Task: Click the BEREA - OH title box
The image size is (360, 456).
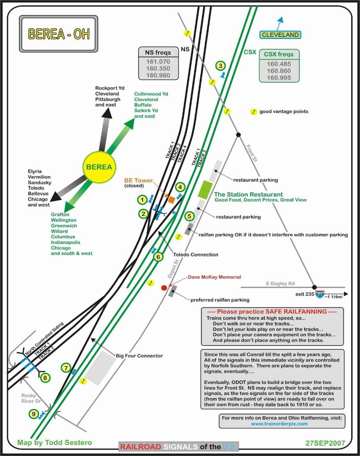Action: pyautogui.click(x=58, y=34)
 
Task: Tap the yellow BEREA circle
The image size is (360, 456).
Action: pyautogui.click(x=99, y=167)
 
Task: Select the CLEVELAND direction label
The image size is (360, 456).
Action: pyautogui.click(x=280, y=35)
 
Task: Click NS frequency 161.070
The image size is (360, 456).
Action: pyautogui.click(x=158, y=62)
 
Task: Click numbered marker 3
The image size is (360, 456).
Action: pyautogui.click(x=221, y=66)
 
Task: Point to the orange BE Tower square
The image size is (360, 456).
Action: pyautogui.click(x=171, y=200)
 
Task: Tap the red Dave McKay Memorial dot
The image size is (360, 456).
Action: pyautogui.click(x=164, y=287)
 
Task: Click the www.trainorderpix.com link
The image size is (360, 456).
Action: pyautogui.click(x=285, y=424)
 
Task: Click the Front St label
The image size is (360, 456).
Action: pyautogui.click(x=252, y=153)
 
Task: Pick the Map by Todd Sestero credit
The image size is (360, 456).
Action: pyautogui.click(x=55, y=442)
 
